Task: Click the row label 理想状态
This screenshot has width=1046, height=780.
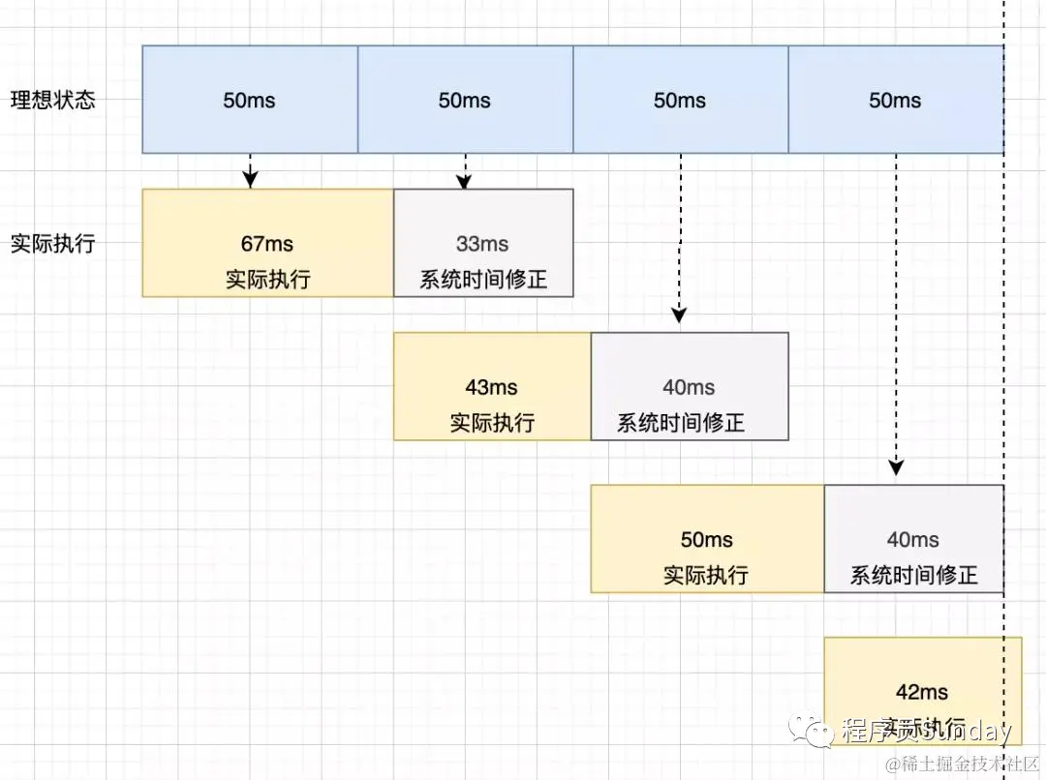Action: coord(53,100)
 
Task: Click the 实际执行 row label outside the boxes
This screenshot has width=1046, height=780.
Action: coord(53,243)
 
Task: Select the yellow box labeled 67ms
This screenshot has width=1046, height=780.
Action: coord(267,243)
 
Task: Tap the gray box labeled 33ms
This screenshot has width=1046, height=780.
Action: coord(483,243)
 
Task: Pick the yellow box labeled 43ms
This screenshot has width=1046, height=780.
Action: coord(492,386)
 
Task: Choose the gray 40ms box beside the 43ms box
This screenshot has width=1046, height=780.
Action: coord(690,386)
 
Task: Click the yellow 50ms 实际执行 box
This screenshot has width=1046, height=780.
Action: coord(707,539)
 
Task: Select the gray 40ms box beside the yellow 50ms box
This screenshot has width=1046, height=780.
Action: coord(913,539)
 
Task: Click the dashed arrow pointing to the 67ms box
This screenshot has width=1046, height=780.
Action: coord(251,170)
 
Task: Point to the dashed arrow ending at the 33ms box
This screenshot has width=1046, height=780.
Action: coord(466,170)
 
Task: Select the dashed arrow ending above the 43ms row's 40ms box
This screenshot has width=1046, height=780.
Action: coord(680,237)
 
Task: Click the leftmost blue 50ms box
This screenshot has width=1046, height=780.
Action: coord(250,100)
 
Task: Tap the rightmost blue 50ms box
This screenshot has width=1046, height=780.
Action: coord(895,100)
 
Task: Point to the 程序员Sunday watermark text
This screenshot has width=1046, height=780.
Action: coord(926,731)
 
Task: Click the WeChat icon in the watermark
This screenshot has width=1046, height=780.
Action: coord(810,732)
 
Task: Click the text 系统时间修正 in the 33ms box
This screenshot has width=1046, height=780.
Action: coord(483,280)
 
